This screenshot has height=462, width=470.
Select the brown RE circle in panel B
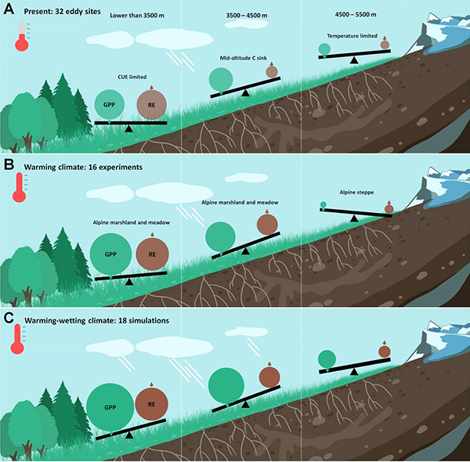click(152, 254)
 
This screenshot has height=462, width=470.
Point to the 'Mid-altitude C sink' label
click(243, 58)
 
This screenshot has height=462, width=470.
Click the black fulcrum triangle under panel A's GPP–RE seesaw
click(128, 127)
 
